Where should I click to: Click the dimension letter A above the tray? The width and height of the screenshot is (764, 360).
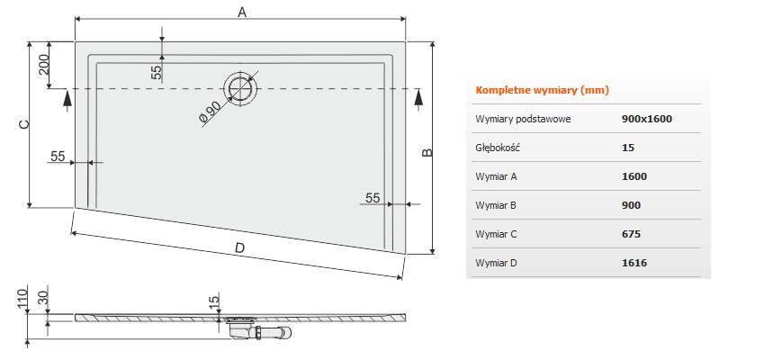click(x=240, y=12)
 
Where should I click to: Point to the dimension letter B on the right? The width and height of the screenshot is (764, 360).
click(x=428, y=152)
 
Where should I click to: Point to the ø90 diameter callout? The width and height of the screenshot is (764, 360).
click(x=210, y=112)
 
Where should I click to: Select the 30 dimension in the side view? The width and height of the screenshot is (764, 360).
click(x=41, y=298)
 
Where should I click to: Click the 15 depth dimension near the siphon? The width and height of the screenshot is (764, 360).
click(x=215, y=303)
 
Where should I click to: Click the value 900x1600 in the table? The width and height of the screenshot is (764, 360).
click(x=647, y=119)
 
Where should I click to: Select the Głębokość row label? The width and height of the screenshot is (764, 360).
click(x=498, y=148)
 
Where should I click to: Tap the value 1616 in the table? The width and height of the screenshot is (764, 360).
click(x=634, y=263)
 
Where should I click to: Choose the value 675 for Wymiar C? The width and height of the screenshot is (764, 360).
click(x=632, y=234)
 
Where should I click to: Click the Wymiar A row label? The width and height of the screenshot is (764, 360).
click(x=495, y=176)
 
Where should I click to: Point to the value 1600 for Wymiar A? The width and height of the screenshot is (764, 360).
click(x=634, y=176)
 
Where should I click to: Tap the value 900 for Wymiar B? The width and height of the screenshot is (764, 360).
click(x=632, y=205)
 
